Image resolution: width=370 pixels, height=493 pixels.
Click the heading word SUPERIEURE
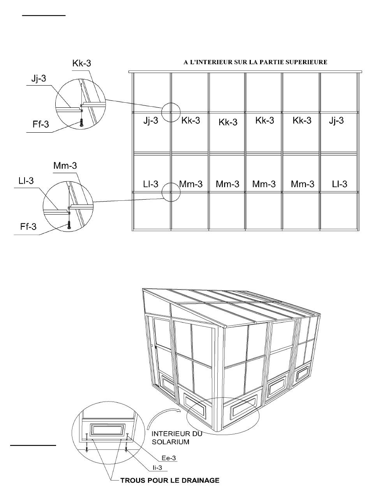pyautogui.click(x=308, y=62)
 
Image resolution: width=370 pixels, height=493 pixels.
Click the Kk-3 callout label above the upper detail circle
pyautogui.click(x=82, y=63)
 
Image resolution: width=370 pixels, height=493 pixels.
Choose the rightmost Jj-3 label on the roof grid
pyautogui.click(x=336, y=121)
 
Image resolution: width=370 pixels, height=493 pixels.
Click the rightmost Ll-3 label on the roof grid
pyautogui.click(x=339, y=184)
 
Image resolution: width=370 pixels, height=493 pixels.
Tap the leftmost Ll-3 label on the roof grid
pyautogui.click(x=150, y=184)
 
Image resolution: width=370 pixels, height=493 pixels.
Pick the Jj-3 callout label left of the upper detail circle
pyautogui.click(x=38, y=79)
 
